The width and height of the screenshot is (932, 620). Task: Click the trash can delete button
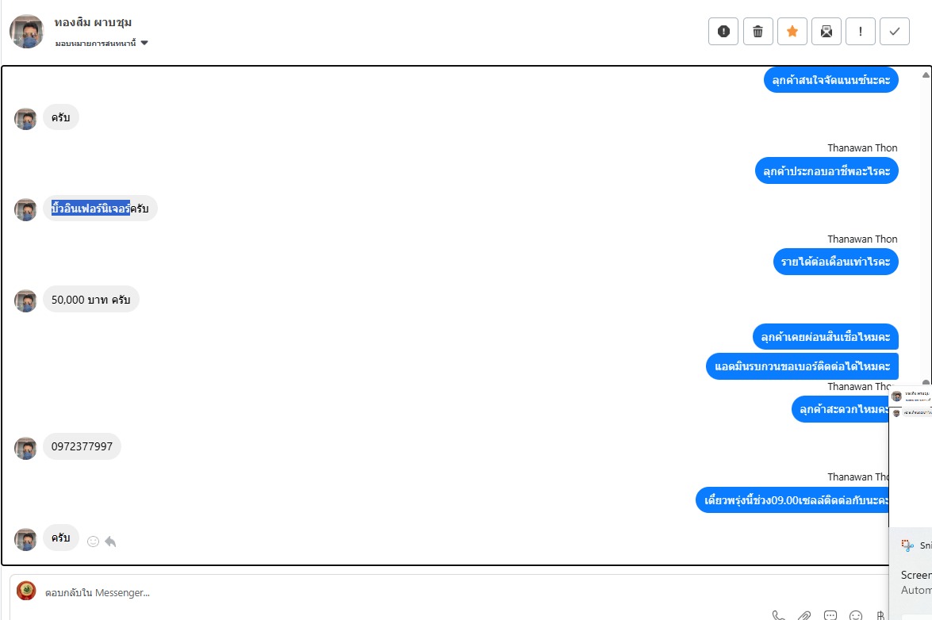pos(757,32)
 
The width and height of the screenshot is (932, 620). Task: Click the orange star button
pos(792,32)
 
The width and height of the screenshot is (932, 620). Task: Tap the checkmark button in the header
pos(895,32)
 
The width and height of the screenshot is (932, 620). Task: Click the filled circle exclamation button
pos(723,32)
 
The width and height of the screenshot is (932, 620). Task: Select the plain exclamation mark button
pos(861,32)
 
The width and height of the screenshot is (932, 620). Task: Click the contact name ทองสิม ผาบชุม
pos(93,22)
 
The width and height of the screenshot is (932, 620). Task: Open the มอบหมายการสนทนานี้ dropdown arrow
pos(144,43)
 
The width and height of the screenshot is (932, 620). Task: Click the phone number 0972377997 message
pos(82,446)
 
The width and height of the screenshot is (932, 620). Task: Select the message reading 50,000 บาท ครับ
pos(90,300)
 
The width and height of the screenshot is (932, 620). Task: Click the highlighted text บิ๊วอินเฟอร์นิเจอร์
pos(90,209)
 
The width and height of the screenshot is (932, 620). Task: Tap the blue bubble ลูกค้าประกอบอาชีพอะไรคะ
pos(826,170)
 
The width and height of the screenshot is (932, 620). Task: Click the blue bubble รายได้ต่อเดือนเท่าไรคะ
pos(835,262)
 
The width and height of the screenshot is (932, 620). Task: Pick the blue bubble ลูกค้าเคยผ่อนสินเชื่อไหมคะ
pos(825,337)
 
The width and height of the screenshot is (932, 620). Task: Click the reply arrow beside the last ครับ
pos(110,542)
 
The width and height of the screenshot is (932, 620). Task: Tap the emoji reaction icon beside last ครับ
pos(93,542)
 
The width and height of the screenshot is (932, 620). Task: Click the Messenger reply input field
pos(397,592)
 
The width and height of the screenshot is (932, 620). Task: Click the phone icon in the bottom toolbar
pos(779,615)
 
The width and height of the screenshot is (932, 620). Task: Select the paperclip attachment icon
pos(804,615)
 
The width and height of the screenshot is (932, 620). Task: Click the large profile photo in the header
pos(27,32)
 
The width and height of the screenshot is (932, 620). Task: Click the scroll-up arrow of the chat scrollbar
pos(926,75)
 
